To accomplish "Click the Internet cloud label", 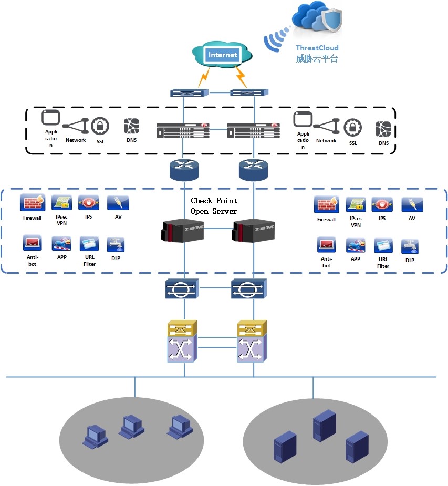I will (x=223, y=55).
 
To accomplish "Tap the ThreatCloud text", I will (x=317, y=48).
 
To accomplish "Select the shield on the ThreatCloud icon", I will (x=332, y=22).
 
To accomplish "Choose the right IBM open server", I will (x=253, y=231).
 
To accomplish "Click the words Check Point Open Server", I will (x=214, y=205).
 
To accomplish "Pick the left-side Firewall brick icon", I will (x=32, y=202).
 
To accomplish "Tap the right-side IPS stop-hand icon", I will (x=382, y=204).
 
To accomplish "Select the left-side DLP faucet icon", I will (x=116, y=244).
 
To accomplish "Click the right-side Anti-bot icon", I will (x=326, y=245).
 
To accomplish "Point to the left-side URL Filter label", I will (x=89, y=261).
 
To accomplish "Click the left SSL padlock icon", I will (x=100, y=127).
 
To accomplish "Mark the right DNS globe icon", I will (x=384, y=129).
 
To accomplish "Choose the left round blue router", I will (x=184, y=169).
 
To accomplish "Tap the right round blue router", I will (x=253, y=169).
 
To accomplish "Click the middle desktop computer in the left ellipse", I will (x=131, y=426).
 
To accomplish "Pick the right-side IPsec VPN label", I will (x=356, y=222).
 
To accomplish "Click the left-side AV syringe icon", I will (x=118, y=202).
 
